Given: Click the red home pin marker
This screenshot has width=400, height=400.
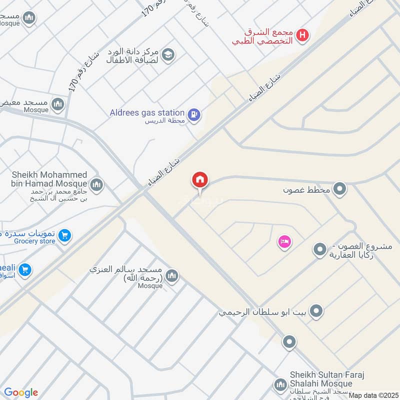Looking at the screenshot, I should pyautogui.click(x=200, y=180).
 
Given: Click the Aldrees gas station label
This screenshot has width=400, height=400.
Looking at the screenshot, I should pyautogui.click(x=147, y=113).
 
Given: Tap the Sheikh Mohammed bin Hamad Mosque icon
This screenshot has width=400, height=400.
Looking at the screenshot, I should pyautogui.click(x=96, y=184).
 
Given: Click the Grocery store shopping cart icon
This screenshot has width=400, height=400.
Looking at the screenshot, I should pyautogui.click(x=64, y=235).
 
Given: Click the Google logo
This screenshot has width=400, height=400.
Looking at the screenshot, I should pyautogui.click(x=21, y=392).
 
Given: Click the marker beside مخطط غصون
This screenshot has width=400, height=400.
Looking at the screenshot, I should pyautogui.click(x=340, y=189).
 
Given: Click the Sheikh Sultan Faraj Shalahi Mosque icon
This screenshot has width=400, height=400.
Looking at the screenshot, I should pyautogui.click(x=279, y=385).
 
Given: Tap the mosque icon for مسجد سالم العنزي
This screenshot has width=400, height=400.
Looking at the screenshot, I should pyautogui.click(x=171, y=276).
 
